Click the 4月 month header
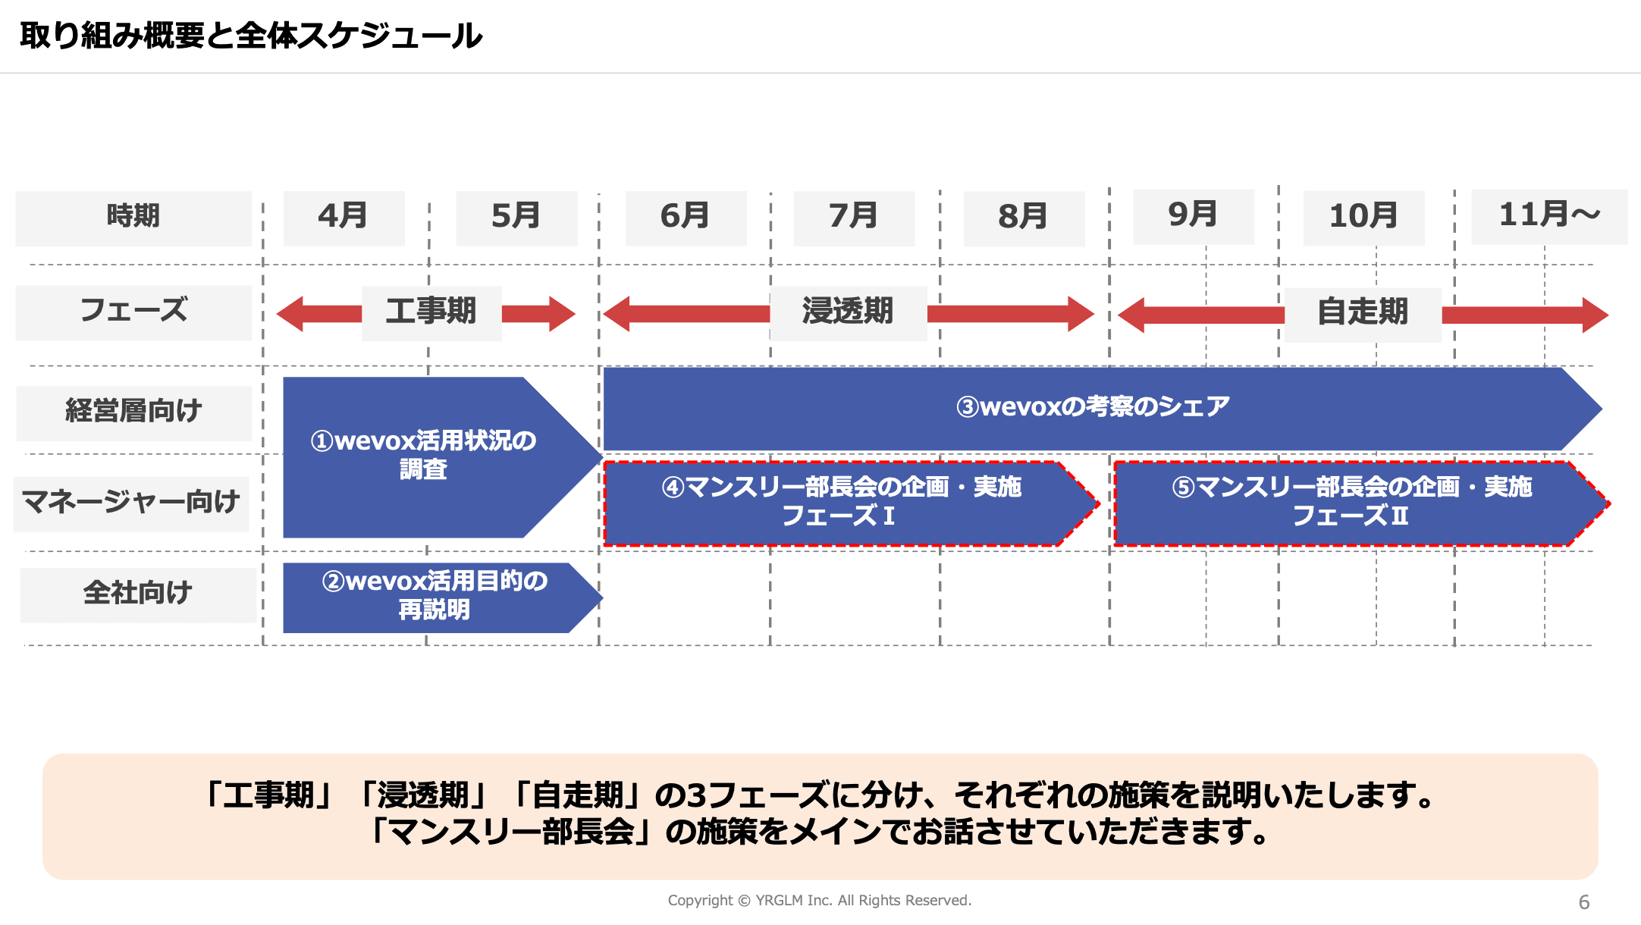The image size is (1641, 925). pyautogui.click(x=344, y=218)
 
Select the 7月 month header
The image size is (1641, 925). pyautogui.click(x=854, y=218)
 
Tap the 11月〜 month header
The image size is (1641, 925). pyautogui.click(x=1549, y=216)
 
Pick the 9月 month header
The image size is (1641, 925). pyautogui.click(x=1193, y=216)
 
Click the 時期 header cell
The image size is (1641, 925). pyautogui.click(x=133, y=218)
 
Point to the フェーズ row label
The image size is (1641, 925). pyautogui.click(x=133, y=312)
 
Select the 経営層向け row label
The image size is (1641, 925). pyautogui.click(x=133, y=412)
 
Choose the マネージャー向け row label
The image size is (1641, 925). pyautogui.click(x=131, y=503)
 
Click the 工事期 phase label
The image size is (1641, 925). pyautogui.click(x=431, y=312)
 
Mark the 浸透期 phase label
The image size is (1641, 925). pyautogui.click(x=848, y=312)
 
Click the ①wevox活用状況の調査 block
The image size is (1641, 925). pyautogui.click(x=423, y=456)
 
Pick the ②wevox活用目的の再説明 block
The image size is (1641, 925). pyautogui.click(x=434, y=597)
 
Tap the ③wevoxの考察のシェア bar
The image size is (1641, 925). pyautogui.click(x=1092, y=408)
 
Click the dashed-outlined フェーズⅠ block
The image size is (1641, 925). pyautogui.click(x=840, y=503)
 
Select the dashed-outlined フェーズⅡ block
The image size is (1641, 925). pyautogui.click(x=1351, y=503)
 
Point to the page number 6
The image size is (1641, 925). pyautogui.click(x=1583, y=902)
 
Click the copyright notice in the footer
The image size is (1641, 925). pyautogui.click(x=819, y=901)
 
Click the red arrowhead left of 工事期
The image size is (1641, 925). pyautogui.click(x=291, y=314)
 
